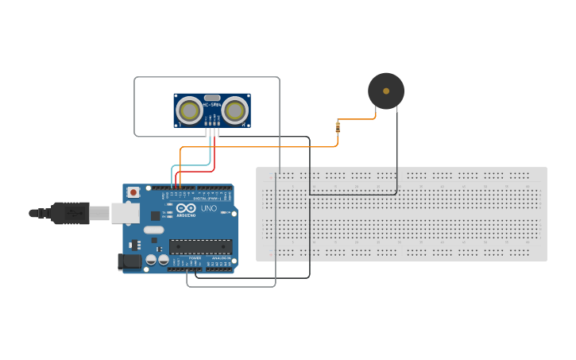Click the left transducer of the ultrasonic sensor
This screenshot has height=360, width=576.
click(189, 109)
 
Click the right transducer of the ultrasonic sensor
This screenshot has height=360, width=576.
click(234, 109)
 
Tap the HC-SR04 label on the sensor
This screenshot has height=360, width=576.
click(211, 105)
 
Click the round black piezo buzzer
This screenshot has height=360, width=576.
click(386, 91)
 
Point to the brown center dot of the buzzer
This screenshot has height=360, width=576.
click(386, 91)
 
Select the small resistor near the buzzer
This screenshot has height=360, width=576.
click(338, 127)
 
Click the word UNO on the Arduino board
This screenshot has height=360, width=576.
click(208, 208)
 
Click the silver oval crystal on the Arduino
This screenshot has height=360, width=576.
click(153, 230)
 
